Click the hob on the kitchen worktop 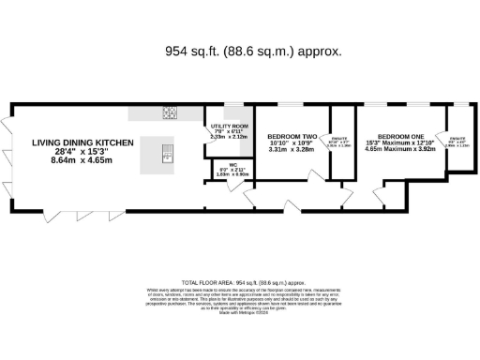click(x=171, y=113)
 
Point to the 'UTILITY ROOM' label click(x=228, y=125)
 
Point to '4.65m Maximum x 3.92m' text click(x=397, y=148)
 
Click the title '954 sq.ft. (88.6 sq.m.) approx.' click(x=240, y=51)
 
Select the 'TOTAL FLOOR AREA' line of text click(x=240, y=281)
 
